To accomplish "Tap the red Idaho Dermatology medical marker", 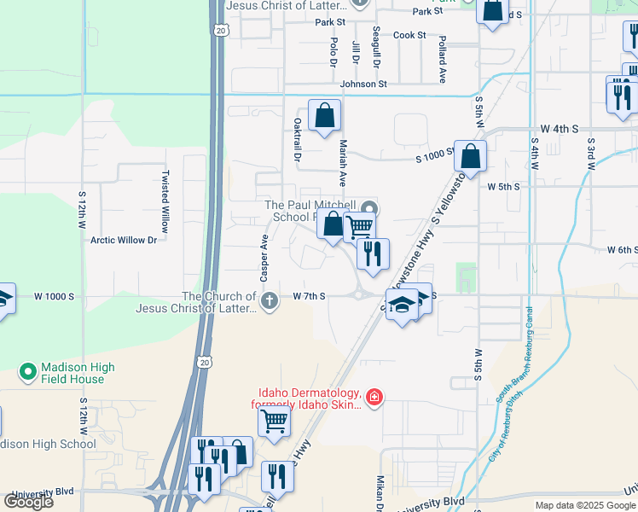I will coord(374,397).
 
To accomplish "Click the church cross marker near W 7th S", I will coord(270,300).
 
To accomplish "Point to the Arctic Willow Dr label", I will coord(124,240).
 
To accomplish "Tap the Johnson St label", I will coord(363,84).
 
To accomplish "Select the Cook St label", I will coord(409,35).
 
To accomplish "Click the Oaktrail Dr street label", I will coord(298,140).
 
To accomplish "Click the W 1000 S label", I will coord(55,296).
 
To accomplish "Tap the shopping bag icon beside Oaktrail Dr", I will coord(324,116).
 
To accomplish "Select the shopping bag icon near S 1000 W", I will coord(470,156).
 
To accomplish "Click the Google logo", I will coord(28,502).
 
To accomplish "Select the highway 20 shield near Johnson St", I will coord(222,31).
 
